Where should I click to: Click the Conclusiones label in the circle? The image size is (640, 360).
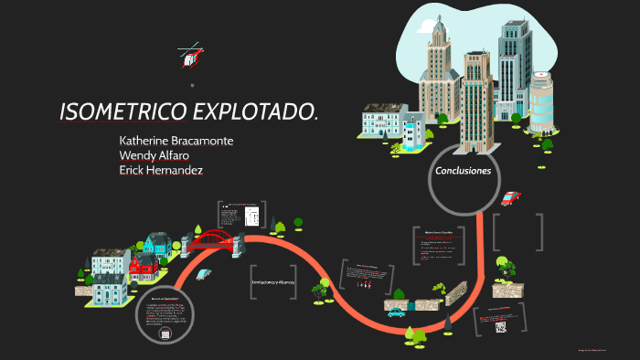pyautogui.click(x=464, y=171)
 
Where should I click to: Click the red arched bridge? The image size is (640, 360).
pyautogui.click(x=214, y=240)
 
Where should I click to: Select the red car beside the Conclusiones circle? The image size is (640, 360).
pyautogui.click(x=511, y=197)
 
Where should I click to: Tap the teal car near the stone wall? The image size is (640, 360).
pyautogui.click(x=396, y=312)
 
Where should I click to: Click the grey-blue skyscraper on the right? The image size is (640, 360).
pyautogui.click(x=514, y=69)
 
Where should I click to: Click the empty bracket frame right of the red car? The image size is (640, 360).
pyautogui.click(x=518, y=232)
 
